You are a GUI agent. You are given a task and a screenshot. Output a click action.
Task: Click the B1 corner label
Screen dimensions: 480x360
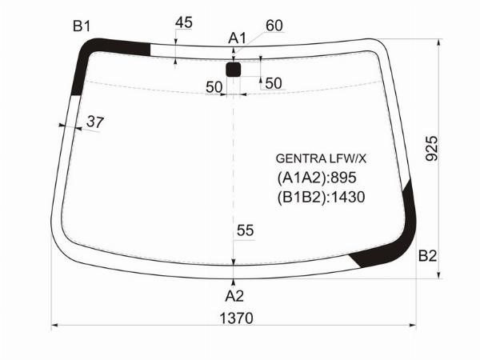click(82, 26)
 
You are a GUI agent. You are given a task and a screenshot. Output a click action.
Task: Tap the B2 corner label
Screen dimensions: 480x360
click(427, 256)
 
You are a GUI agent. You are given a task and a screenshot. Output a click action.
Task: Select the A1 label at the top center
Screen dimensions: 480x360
click(237, 38)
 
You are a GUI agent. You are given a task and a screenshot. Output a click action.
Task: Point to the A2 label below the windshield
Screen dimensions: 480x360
click(234, 296)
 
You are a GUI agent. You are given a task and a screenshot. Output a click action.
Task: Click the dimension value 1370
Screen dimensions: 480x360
click(236, 318)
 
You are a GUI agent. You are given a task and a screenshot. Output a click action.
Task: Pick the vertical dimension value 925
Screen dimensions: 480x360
click(432, 149)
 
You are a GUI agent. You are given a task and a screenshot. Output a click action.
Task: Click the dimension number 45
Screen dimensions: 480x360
click(184, 22)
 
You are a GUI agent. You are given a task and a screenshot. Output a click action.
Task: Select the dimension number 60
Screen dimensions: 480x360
click(274, 26)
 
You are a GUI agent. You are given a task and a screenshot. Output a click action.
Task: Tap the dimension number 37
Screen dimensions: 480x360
click(95, 122)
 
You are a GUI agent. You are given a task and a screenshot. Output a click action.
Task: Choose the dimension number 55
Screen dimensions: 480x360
click(246, 230)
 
